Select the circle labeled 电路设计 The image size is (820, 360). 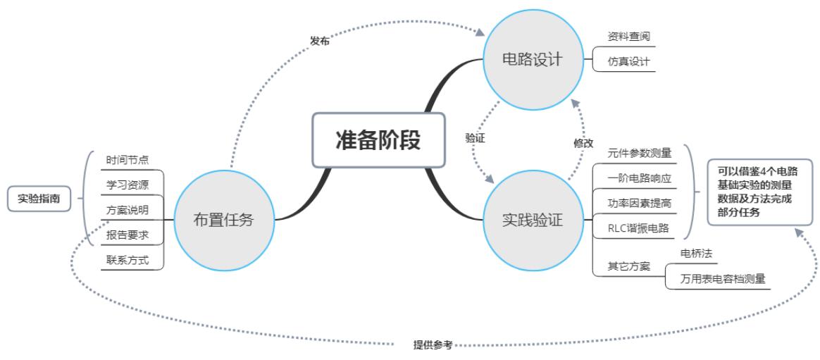point(532,60)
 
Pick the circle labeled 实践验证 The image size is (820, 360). point(532,219)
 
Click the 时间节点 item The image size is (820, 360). point(128,160)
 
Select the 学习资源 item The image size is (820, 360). point(128,185)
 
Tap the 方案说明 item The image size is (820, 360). point(128,210)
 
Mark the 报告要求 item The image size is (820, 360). point(128,235)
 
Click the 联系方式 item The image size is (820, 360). point(128,260)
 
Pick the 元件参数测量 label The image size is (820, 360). point(639,153)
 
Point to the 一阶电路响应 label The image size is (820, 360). point(639,178)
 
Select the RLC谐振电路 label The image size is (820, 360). point(639,228)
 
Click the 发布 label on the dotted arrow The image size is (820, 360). point(319,41)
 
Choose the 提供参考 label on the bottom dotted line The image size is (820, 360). point(433,345)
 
